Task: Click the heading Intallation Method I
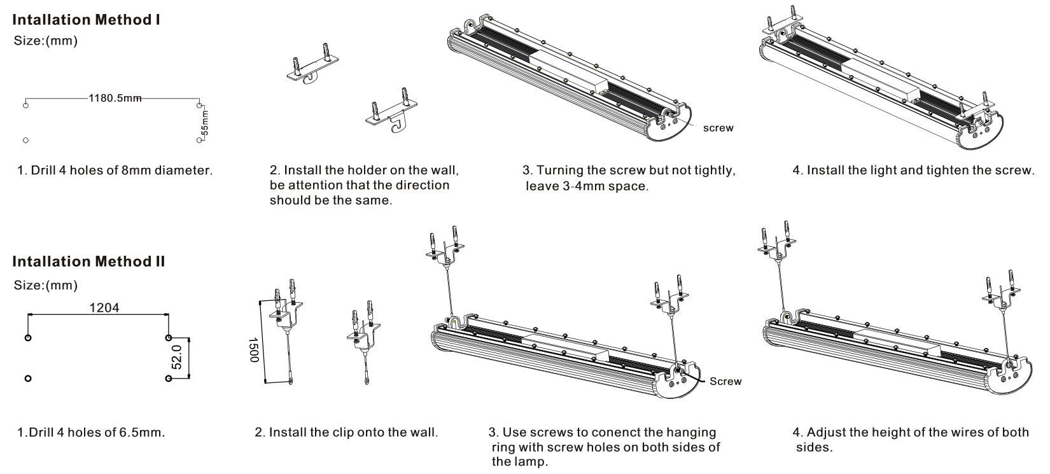pos(86,20)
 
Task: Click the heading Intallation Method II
pos(88,261)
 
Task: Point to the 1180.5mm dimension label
pos(115,99)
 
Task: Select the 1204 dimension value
pos(104,308)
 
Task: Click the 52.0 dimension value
pos(178,357)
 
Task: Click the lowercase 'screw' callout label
pos(718,129)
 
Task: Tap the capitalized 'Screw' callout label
pos(725,382)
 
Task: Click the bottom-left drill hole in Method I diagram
pos(25,140)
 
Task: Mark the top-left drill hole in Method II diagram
pos(27,337)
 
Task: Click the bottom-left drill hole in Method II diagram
pos(27,379)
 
